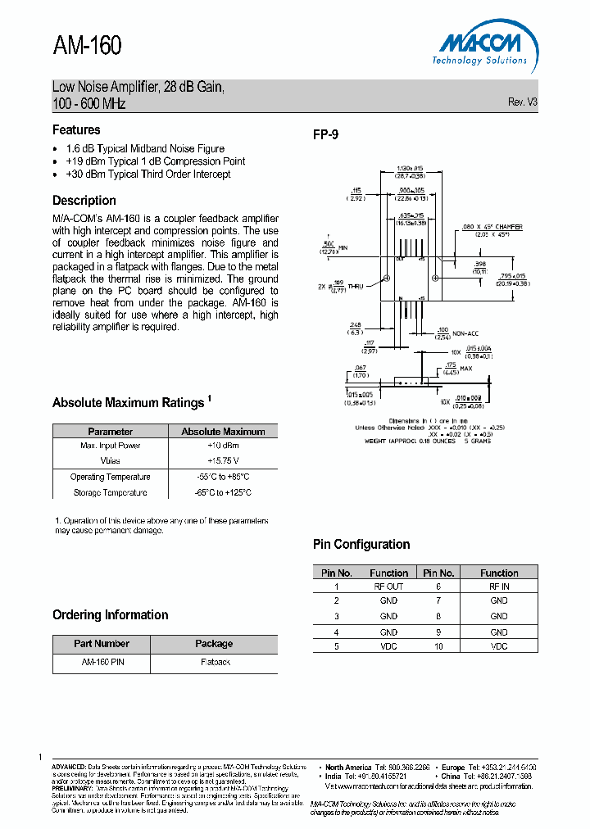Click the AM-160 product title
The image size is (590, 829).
click(x=87, y=46)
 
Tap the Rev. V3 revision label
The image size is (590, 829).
click(x=523, y=102)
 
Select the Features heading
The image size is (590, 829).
click(x=76, y=129)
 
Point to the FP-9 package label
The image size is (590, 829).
click(x=325, y=135)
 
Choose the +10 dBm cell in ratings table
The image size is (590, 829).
click(x=223, y=446)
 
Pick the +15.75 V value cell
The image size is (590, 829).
click(x=223, y=461)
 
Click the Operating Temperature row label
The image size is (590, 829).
click(x=110, y=477)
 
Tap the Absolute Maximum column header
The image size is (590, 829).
click(x=223, y=431)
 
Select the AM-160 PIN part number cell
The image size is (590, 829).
click(x=102, y=661)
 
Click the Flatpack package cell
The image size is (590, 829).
click(x=215, y=661)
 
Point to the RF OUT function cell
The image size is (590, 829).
click(x=388, y=587)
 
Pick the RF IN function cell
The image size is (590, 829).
click(x=499, y=587)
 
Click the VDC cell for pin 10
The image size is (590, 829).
click(x=499, y=646)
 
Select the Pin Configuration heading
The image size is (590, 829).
click(x=361, y=545)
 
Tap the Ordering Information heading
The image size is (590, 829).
click(x=111, y=615)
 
